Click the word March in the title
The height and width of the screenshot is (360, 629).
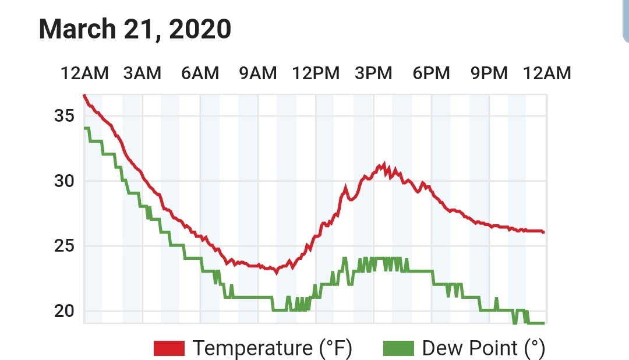pyautogui.click(x=77, y=29)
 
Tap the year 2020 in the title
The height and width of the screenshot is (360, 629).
pyautogui.click(x=200, y=29)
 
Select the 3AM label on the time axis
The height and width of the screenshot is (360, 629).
pyautogui.click(x=142, y=73)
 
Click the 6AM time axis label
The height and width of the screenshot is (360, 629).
pyautogui.click(x=200, y=73)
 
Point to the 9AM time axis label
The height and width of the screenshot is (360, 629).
pyautogui.click(x=258, y=73)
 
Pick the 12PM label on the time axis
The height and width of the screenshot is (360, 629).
pyautogui.click(x=316, y=73)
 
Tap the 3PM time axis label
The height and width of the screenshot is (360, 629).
pyautogui.click(x=373, y=73)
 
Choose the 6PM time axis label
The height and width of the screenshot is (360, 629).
pyautogui.click(x=431, y=73)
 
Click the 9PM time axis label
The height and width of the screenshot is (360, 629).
pyautogui.click(x=489, y=73)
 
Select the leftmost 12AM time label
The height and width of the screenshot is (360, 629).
pyautogui.click(x=84, y=73)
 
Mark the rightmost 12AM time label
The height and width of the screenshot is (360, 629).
pyautogui.click(x=547, y=73)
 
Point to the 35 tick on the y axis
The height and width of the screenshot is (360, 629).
pyautogui.click(x=64, y=115)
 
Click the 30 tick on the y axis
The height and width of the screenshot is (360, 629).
pyautogui.click(x=64, y=181)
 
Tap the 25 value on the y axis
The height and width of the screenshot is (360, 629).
pyautogui.click(x=64, y=246)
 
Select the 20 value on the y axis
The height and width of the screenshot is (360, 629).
pyautogui.click(x=64, y=311)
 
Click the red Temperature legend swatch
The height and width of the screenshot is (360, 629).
pyautogui.click(x=169, y=348)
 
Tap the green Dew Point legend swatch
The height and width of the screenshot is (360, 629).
pyautogui.click(x=398, y=348)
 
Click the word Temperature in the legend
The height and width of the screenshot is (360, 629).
pyautogui.click(x=252, y=348)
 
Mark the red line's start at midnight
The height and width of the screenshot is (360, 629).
pyautogui.click(x=84, y=96)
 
